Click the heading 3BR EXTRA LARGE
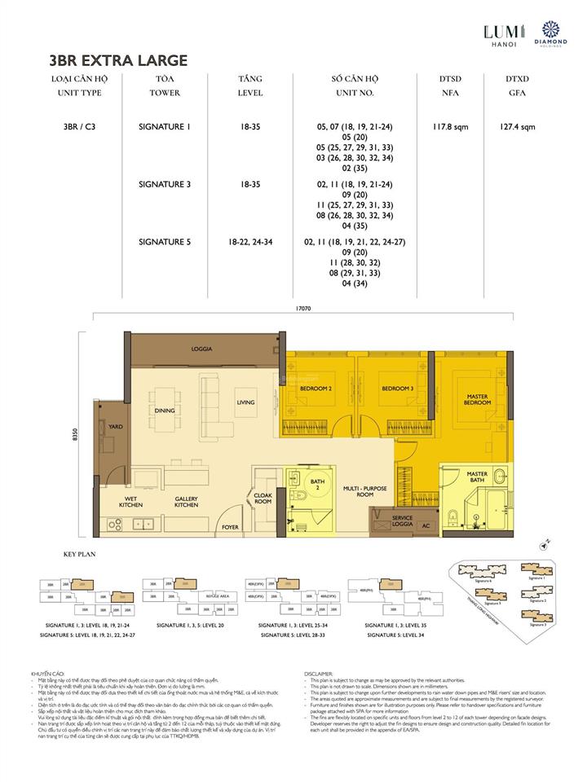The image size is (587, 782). [x=119, y=60]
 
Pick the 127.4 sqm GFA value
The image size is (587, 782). [x=517, y=127]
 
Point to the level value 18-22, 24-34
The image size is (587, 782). [x=250, y=242]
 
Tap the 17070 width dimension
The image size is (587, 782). [x=306, y=309]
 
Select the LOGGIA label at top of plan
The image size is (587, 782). [x=203, y=349]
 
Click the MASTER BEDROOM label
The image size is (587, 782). [x=477, y=400]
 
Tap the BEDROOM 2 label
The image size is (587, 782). [x=316, y=389]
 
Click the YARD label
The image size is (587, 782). [x=116, y=426]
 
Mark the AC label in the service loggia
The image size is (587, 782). [x=425, y=525]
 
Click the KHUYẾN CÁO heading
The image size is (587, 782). [x=47, y=674]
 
